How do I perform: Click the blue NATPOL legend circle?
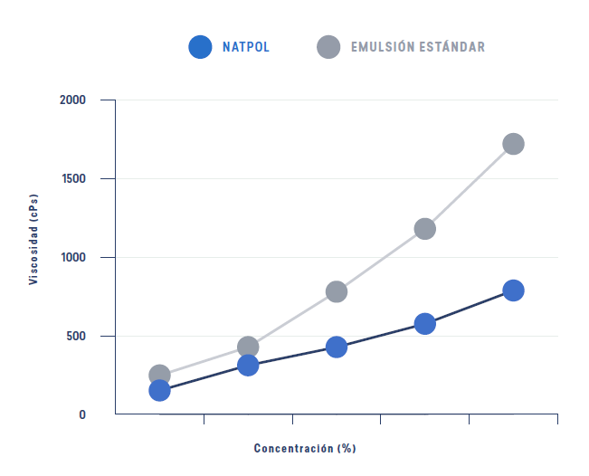click(x=200, y=47)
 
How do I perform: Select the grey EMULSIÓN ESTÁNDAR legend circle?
click(x=328, y=47)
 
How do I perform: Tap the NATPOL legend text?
click(x=246, y=47)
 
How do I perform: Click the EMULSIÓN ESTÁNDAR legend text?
click(x=418, y=47)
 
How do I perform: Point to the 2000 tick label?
click(x=72, y=100)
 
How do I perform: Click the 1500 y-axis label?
click(x=72, y=178)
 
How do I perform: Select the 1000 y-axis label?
click(x=72, y=257)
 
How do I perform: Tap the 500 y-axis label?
click(x=75, y=336)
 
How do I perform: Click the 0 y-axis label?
click(x=81, y=414)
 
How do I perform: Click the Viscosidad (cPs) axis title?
click(x=33, y=239)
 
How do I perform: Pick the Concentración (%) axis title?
click(x=304, y=448)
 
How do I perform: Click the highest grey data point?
click(x=513, y=144)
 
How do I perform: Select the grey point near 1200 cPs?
click(x=424, y=228)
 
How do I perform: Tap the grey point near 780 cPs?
click(x=337, y=291)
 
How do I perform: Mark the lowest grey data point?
click(x=159, y=375)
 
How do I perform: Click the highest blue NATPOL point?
click(x=513, y=290)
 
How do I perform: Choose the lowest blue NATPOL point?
click(x=159, y=390)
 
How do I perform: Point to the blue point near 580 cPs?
click(x=424, y=323)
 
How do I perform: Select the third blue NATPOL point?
click(x=337, y=347)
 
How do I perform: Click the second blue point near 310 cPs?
click(x=248, y=365)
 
